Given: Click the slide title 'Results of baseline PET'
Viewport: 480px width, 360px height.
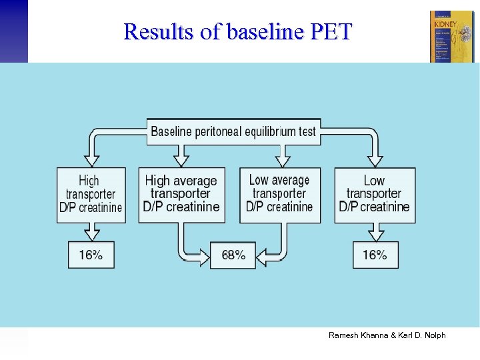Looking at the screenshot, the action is pyautogui.click(x=237, y=31).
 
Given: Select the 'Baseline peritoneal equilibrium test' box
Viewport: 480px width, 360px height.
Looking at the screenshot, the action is pyautogui.click(x=233, y=131).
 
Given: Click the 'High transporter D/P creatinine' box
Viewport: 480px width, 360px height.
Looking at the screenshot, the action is pyautogui.click(x=91, y=195).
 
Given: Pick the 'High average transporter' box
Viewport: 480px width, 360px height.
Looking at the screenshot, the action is pyautogui.click(x=181, y=194).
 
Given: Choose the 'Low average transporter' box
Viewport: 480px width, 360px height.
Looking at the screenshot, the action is pyautogui.click(x=279, y=194).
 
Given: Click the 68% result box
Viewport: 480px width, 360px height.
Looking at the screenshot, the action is pyautogui.click(x=233, y=255).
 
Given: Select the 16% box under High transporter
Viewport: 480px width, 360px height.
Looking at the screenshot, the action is pyautogui.click(x=91, y=255).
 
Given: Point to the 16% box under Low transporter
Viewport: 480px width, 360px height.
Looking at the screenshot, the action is pyautogui.click(x=375, y=255).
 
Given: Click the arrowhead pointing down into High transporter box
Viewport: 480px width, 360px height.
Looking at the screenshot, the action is pyautogui.click(x=92, y=160).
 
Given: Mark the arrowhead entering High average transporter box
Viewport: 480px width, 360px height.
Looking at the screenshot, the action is pyautogui.click(x=181, y=160).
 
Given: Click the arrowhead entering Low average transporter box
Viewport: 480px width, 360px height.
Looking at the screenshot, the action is pyautogui.click(x=283, y=160).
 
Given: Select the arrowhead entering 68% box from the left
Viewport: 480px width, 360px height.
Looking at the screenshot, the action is pyautogui.click(x=204, y=254).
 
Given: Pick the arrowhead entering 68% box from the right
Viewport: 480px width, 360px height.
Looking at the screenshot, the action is pyautogui.click(x=262, y=254).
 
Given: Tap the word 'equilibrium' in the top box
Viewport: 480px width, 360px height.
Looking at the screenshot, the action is pyautogui.click(x=270, y=131).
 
